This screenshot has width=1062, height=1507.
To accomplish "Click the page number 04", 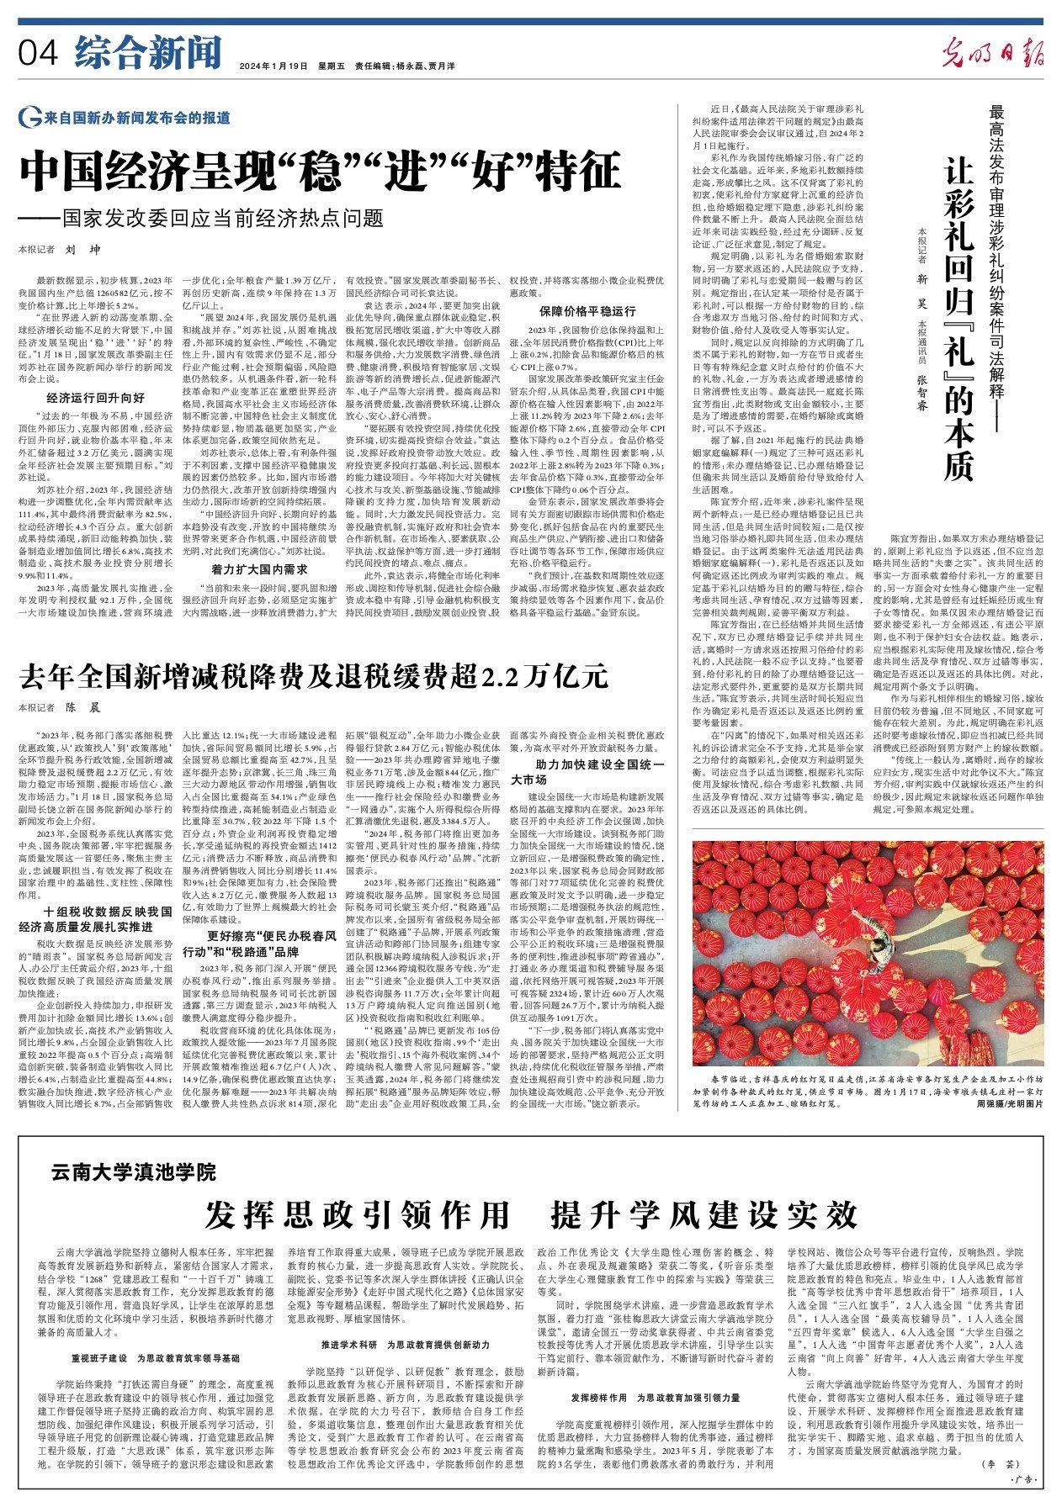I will (37, 54).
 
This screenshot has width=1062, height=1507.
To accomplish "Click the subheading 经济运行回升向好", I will (95, 397).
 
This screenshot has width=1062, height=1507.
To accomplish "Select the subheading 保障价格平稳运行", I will (587, 311).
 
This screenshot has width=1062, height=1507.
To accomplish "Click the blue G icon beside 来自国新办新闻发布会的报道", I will (29, 119).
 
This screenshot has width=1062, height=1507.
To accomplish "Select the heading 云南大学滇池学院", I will (133, 1171).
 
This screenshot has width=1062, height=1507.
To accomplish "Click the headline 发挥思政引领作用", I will (358, 1214).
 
